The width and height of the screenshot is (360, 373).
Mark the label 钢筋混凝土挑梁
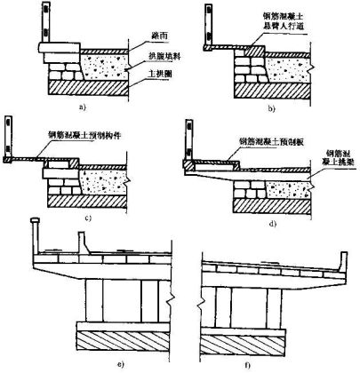333,160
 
